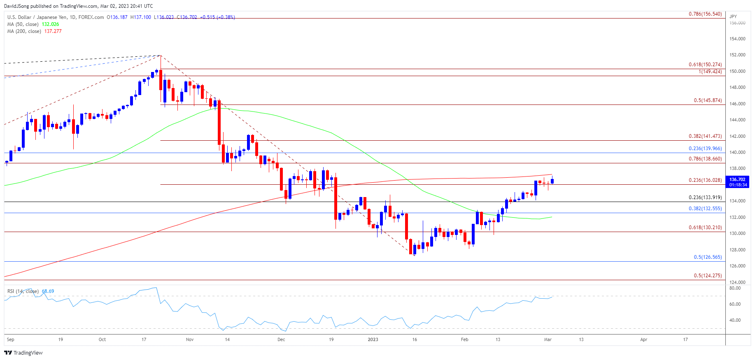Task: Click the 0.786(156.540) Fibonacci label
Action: coord(705,14)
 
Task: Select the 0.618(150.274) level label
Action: coord(705,65)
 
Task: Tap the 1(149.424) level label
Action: coord(710,72)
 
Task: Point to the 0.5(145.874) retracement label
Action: coord(708,100)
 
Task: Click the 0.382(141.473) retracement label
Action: coord(705,136)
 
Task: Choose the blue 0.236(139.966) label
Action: coord(705,149)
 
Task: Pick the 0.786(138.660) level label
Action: coord(705,159)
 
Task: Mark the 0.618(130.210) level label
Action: coord(705,228)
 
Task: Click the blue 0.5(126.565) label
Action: coord(708,257)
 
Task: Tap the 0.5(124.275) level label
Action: coord(708,276)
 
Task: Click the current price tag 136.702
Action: coord(737,179)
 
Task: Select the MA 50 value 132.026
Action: coord(50,24)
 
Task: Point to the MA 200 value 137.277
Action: coord(53,31)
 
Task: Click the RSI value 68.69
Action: coord(48,291)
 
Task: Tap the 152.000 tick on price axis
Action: coord(737,55)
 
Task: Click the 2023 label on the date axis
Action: coord(373,339)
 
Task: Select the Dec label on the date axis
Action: coord(281,339)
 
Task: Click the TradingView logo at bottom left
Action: coord(23,353)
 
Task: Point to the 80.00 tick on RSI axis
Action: coord(735,288)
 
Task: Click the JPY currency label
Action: coord(733,16)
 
